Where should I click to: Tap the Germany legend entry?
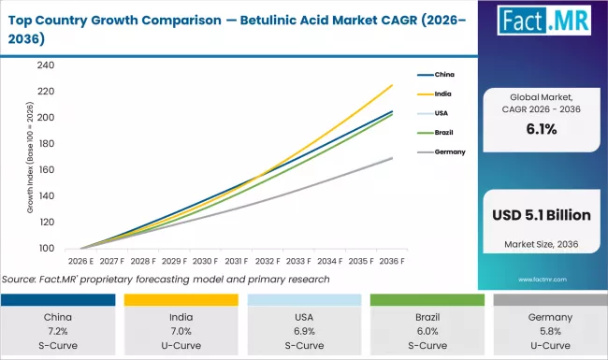click(x=448, y=151)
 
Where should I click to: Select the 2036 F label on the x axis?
click(x=391, y=263)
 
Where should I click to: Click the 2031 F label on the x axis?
click(x=236, y=263)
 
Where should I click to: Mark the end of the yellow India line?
click(x=392, y=85)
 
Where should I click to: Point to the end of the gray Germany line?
click(x=392, y=158)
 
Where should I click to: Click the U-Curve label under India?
click(x=180, y=346)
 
